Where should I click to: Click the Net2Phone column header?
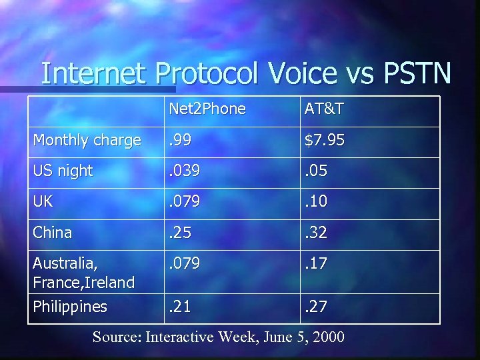pyautogui.click(x=207, y=109)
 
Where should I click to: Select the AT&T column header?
pyautogui.click(x=325, y=109)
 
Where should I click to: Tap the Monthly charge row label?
pyautogui.click(x=87, y=140)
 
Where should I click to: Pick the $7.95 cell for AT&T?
pyautogui.click(x=326, y=140)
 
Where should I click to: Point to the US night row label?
pyautogui.click(x=63, y=171)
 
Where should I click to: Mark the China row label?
pyautogui.click(x=52, y=233)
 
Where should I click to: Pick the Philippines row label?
pyautogui.click(x=70, y=307)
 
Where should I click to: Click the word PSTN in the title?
pyautogui.click(x=417, y=73)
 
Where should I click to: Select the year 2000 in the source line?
pyautogui.click(x=327, y=337)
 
